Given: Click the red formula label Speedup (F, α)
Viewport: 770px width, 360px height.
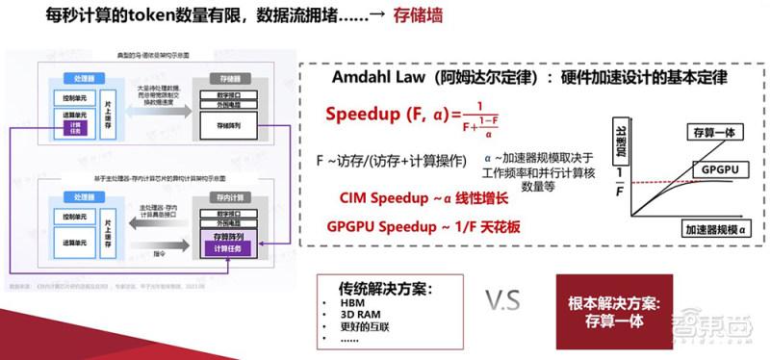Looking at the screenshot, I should (387, 114).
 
